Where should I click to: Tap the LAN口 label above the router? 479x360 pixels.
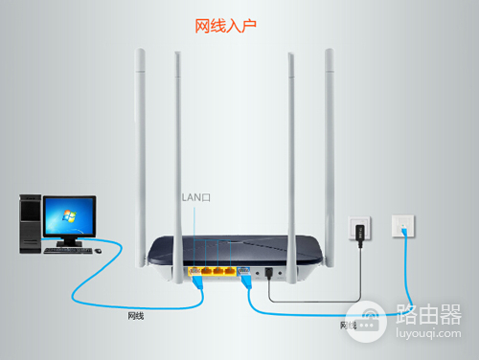pyautogui.click(x=195, y=196)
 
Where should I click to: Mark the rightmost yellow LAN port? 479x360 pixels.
pyautogui.click(x=230, y=271)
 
